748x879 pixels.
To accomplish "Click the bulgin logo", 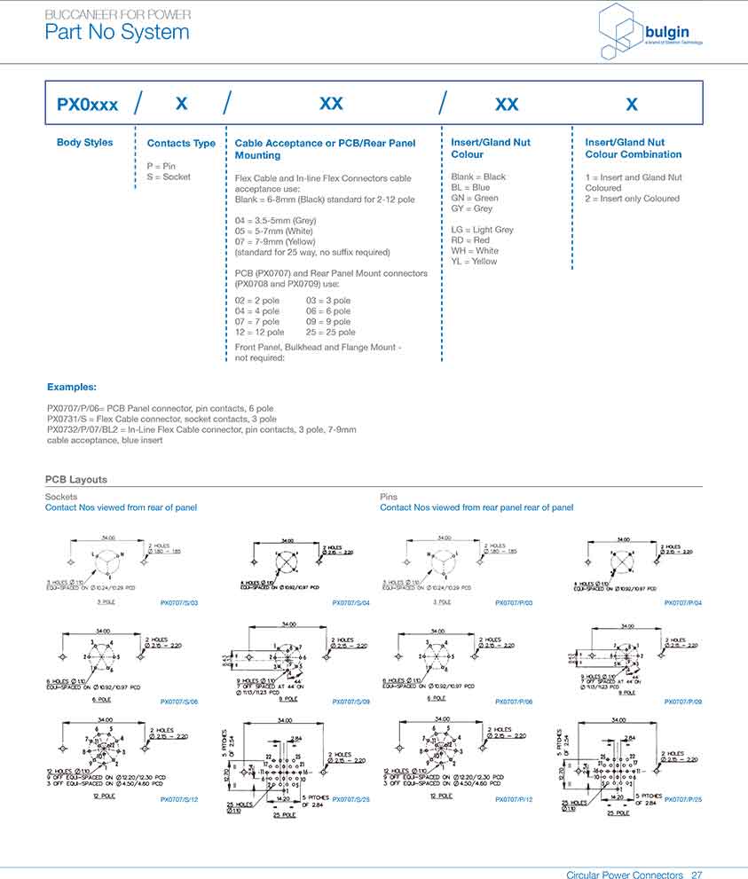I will coord(637,31).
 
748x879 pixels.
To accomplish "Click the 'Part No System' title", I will coord(117,33).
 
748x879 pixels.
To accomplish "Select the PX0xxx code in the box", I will coord(87,105).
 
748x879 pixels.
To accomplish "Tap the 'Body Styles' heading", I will coord(84,143).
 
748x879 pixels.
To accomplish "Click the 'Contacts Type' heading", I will coord(181,144).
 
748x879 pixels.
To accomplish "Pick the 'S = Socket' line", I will coord(169,177).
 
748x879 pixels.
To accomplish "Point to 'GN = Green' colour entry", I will coord(474,198).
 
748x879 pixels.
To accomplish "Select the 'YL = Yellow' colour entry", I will coord(474,262).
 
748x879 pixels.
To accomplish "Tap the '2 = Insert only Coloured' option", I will coord(632,199).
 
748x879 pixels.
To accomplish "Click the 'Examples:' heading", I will coord(72,388).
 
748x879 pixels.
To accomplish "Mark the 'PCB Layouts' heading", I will coord(76,480).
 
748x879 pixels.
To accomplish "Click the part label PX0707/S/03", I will coord(179,602).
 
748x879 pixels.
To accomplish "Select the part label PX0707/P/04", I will coord(682,602).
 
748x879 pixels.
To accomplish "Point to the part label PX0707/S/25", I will coord(351,800).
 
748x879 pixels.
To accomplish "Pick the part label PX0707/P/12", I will coord(514,800).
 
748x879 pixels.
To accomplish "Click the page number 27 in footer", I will coord(697,875).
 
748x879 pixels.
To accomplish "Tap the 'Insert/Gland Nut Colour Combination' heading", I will coord(633,148).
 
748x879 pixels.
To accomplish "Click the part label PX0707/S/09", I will coord(351,702).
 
